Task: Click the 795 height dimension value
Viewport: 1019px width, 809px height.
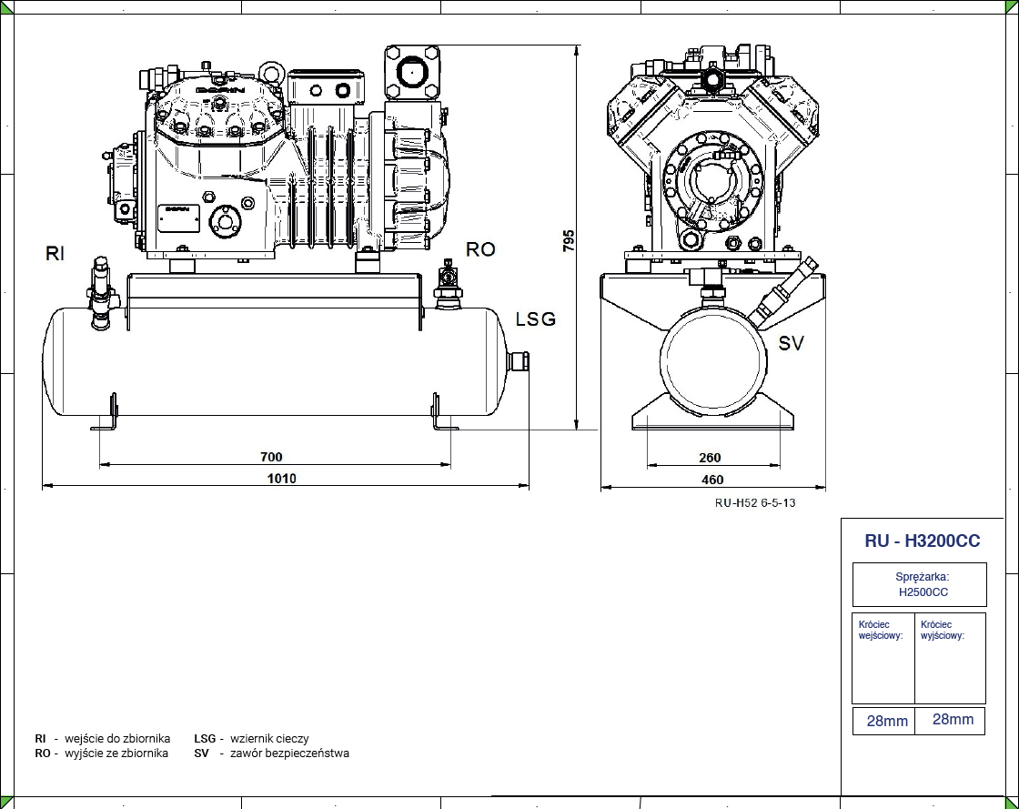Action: (x=569, y=240)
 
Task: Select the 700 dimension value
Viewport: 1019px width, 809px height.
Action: (x=271, y=457)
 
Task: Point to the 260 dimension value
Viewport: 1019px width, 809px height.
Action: (x=710, y=458)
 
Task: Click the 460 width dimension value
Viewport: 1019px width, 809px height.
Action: (x=712, y=480)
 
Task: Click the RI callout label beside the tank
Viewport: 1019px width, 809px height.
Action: (x=55, y=254)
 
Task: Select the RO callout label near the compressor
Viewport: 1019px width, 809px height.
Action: (x=480, y=249)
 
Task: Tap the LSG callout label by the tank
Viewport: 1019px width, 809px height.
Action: (x=535, y=319)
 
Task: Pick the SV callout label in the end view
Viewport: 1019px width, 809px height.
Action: (x=791, y=343)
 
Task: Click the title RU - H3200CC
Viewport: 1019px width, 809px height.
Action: (x=922, y=541)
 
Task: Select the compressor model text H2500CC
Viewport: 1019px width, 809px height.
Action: (x=923, y=592)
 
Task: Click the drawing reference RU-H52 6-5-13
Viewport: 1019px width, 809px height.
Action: (x=754, y=503)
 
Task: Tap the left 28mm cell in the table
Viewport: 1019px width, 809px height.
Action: (x=887, y=721)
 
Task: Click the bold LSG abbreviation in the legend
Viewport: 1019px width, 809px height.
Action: (x=205, y=739)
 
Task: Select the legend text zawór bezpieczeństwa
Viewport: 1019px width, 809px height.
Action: (x=289, y=753)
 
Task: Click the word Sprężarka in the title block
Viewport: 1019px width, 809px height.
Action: (x=923, y=577)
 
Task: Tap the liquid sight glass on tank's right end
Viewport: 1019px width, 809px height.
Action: (x=521, y=361)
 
